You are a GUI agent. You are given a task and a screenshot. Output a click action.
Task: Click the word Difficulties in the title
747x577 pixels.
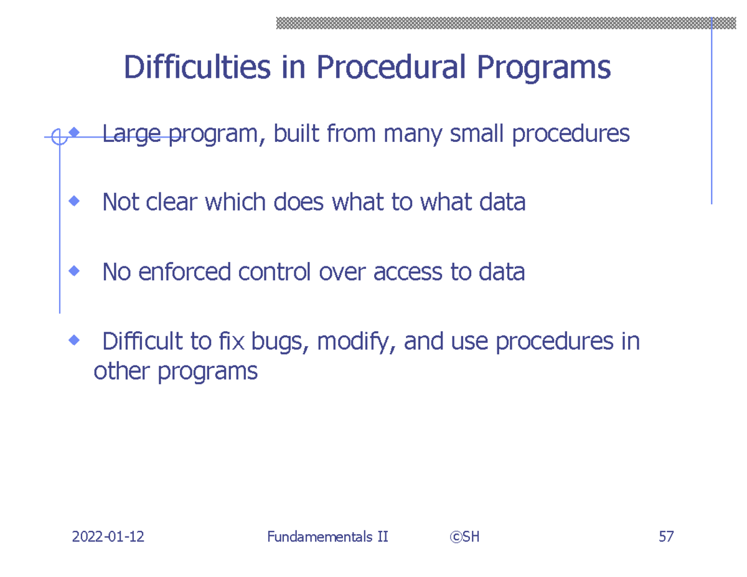(x=197, y=68)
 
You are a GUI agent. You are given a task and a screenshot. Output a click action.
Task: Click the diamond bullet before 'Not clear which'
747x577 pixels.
(x=75, y=201)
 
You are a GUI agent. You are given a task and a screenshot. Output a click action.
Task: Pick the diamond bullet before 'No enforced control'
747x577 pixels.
(x=75, y=271)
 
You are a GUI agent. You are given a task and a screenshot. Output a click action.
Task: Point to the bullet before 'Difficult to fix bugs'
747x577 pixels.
(x=75, y=340)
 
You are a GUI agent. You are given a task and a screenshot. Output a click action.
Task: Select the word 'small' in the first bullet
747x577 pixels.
(x=477, y=134)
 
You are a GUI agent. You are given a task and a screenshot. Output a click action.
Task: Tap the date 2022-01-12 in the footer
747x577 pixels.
(x=108, y=537)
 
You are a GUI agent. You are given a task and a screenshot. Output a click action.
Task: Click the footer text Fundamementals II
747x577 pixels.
(x=327, y=537)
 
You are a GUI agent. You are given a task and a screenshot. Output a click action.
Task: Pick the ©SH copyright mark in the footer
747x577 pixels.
(x=463, y=537)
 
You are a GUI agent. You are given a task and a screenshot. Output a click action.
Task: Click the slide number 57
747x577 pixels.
(x=665, y=537)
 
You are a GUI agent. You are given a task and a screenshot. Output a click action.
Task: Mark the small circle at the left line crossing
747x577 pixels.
(x=59, y=136)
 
